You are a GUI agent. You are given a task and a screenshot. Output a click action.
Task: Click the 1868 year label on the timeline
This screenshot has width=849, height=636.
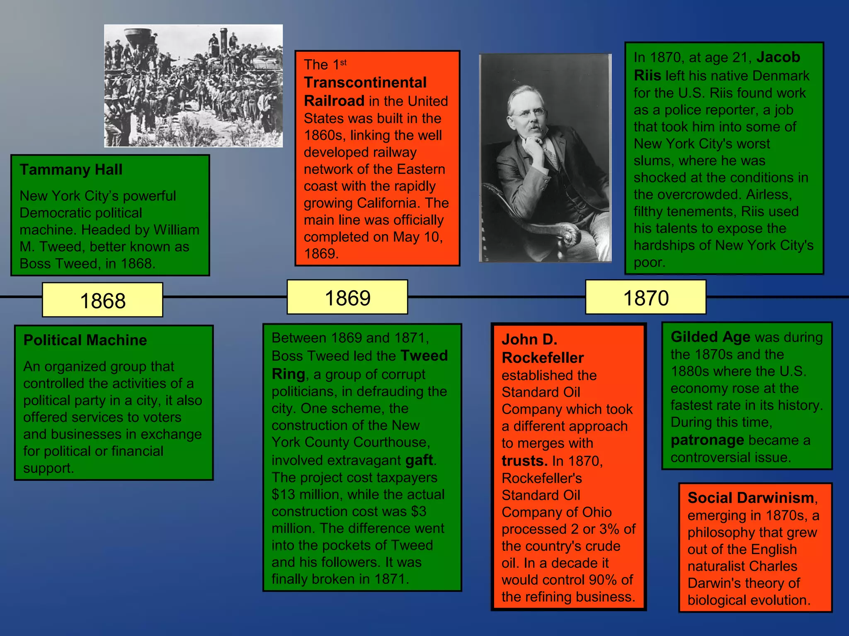tap(102, 300)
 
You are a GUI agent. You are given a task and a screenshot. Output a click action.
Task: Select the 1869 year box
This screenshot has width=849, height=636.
tap(347, 298)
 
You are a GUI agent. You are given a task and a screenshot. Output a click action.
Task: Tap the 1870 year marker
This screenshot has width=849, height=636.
tap(645, 298)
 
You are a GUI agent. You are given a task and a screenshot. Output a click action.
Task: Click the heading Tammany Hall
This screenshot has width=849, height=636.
tap(71, 170)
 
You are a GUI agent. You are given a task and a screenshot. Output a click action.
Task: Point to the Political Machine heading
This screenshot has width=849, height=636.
tap(85, 340)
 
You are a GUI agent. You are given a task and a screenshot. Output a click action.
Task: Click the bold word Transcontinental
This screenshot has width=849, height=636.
tap(365, 82)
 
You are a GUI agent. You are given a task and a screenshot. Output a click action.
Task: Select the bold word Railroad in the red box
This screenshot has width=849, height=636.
tap(334, 101)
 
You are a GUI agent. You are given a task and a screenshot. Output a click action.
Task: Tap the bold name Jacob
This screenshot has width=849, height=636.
tap(778, 57)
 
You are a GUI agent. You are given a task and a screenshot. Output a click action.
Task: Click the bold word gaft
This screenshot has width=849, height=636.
tap(419, 460)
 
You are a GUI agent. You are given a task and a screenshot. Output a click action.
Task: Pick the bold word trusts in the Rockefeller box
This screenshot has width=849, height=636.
tap(524, 461)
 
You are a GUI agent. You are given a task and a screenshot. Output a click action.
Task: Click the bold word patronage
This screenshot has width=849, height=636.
tap(707, 440)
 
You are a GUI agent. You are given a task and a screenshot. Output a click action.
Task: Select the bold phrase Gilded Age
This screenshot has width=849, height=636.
tap(710, 337)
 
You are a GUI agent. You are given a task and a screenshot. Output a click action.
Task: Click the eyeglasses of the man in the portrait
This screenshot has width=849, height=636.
tap(528, 112)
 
